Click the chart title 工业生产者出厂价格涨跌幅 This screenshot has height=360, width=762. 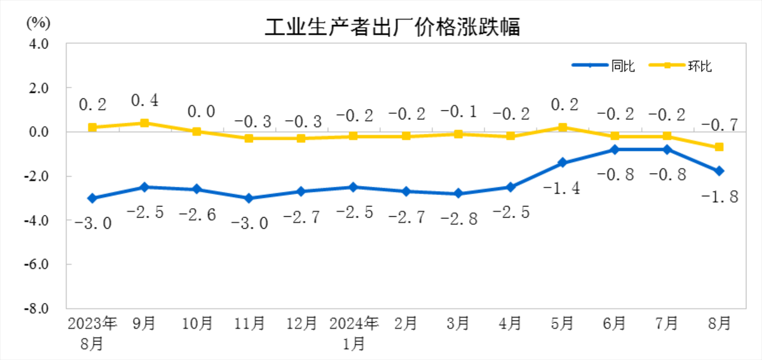tap(392, 27)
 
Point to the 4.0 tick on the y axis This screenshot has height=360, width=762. tap(39, 44)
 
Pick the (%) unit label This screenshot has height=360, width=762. tap(38, 22)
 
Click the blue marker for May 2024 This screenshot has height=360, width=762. tap(563, 163)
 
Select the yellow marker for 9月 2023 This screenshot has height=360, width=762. tap(144, 123)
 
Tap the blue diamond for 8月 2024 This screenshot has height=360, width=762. tap(719, 171)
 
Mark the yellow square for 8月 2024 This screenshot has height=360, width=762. tap(719, 147)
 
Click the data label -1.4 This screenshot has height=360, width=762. tap(562, 188)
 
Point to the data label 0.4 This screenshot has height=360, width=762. tap(145, 100)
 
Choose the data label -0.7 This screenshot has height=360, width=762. tap(720, 125)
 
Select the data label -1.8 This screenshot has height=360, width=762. tap(720, 197)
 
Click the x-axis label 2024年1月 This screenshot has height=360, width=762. tap(354, 333)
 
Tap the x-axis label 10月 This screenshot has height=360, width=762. tap(197, 323)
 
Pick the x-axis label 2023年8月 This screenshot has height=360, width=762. tap(92, 333)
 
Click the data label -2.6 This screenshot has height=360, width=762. tap(197, 215)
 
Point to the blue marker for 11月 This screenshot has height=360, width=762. tap(249, 198)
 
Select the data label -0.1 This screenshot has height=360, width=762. tap(458, 112)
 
